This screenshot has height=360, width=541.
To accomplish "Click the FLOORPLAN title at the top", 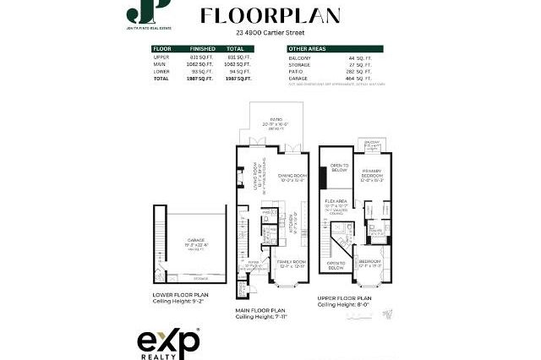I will pos(270,16).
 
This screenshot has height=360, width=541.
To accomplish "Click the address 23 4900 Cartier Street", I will pos(270,33).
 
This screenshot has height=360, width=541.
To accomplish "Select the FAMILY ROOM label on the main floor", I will pos(292,263).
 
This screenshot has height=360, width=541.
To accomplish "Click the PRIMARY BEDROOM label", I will pos(370,174).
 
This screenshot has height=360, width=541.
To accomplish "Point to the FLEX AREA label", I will pos(337,202).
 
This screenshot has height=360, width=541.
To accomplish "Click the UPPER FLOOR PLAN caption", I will pos(346,297).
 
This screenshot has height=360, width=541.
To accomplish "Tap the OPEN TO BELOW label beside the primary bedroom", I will pos(339,167).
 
